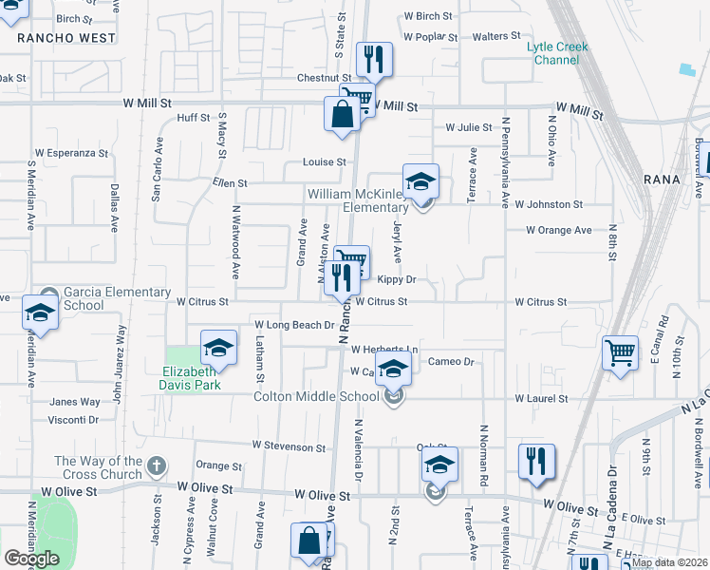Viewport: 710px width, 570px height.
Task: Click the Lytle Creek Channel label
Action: click(558, 53)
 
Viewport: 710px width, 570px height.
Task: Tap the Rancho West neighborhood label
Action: click(66, 39)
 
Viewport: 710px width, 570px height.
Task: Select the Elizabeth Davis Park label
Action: click(192, 378)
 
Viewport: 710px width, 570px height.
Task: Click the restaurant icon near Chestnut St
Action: click(374, 60)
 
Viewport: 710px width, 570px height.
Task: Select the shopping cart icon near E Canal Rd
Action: click(619, 353)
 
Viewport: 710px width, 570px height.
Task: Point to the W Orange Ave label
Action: click(559, 230)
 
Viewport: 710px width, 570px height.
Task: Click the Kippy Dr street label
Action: click(397, 279)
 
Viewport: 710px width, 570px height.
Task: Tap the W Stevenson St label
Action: click(289, 446)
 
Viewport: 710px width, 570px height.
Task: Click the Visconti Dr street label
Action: click(74, 419)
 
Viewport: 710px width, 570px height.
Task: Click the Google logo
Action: click(32, 559)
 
